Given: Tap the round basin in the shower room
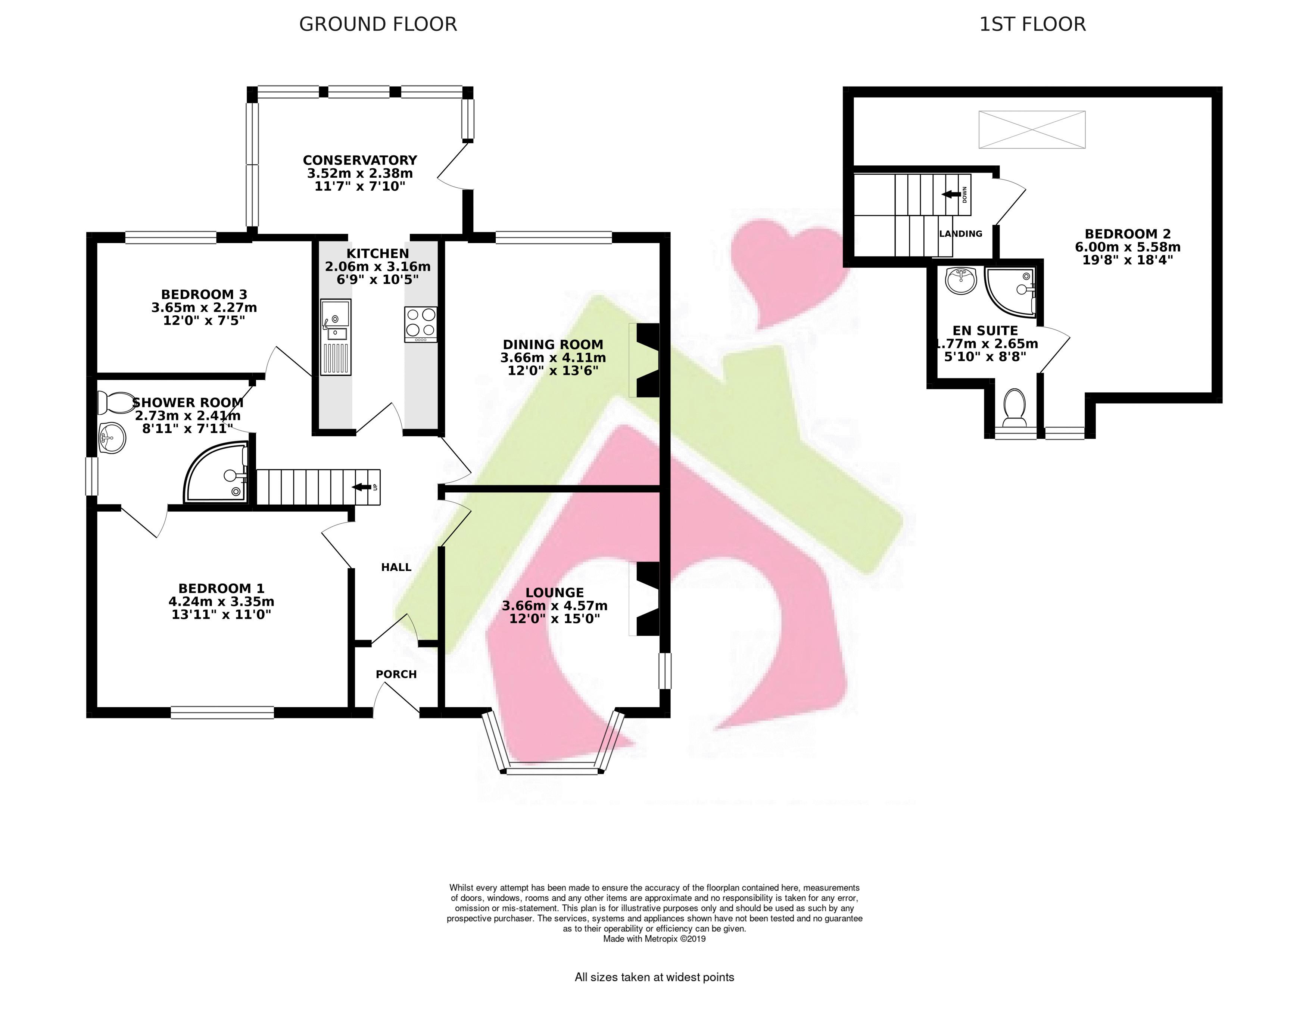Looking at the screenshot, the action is click(112, 438).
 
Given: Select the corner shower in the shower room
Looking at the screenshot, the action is click(216, 472).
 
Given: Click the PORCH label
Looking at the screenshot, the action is click(396, 674).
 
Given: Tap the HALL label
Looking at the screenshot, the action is click(396, 567).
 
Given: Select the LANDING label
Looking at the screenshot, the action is click(961, 234).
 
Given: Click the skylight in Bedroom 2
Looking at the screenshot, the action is click(1032, 130).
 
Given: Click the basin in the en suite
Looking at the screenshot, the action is click(962, 281).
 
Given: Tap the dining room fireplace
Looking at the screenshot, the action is click(644, 360).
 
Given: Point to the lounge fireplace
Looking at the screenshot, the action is click(644, 598).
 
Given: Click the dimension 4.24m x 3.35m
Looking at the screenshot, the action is click(221, 602).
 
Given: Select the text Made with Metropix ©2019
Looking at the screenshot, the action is click(655, 939).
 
